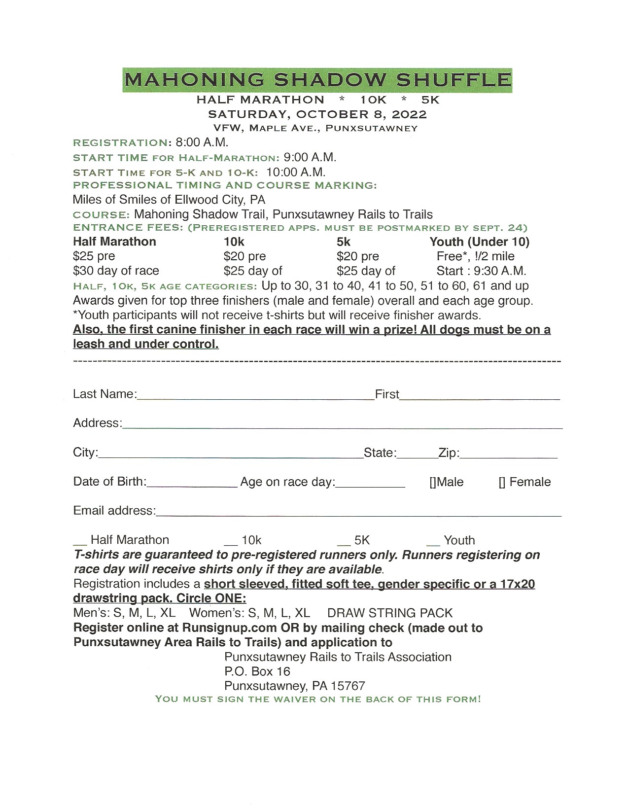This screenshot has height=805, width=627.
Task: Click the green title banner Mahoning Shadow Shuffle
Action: point(317,80)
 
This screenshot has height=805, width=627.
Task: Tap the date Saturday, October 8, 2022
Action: point(317,114)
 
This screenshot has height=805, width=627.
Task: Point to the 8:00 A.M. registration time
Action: point(202,142)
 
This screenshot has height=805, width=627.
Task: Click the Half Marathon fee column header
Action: point(114,242)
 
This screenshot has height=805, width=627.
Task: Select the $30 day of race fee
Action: point(116,271)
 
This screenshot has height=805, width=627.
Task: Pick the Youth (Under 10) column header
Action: point(479,242)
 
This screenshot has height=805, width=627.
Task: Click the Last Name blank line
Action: point(255,396)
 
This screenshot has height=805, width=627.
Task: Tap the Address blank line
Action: point(342,425)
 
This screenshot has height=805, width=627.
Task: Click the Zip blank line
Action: point(508,455)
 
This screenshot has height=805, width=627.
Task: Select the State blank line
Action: point(417,455)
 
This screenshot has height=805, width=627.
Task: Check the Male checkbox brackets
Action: point(432,482)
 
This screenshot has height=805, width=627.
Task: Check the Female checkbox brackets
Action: point(502,482)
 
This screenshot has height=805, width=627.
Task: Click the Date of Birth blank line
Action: point(192,484)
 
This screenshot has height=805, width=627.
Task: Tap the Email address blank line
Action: point(358,513)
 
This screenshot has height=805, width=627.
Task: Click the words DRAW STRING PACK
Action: point(389,613)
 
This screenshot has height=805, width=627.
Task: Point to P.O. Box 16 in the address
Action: point(257,671)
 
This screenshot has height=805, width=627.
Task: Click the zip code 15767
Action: point(348,686)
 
